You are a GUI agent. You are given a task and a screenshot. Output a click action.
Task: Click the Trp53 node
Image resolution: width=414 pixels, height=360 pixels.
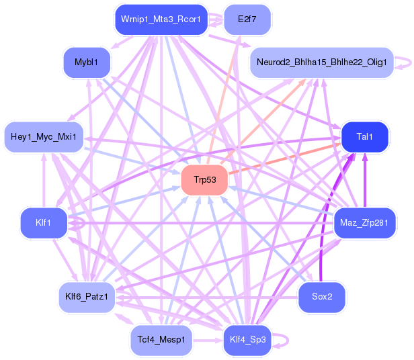[204, 180]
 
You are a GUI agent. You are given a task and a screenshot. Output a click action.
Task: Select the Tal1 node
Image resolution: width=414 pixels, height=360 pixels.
[365, 137]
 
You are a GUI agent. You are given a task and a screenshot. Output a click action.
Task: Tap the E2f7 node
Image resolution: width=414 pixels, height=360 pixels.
[247, 19]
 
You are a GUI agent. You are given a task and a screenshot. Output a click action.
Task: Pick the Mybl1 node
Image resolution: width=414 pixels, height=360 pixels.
[87, 62]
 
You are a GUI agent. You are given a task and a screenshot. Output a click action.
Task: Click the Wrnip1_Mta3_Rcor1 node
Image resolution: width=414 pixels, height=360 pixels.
[159, 19]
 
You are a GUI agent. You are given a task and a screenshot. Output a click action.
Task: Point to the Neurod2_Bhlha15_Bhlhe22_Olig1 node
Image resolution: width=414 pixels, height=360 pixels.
[321, 62]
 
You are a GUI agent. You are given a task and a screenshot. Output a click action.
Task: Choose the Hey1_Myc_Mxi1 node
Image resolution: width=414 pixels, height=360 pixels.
[44, 137]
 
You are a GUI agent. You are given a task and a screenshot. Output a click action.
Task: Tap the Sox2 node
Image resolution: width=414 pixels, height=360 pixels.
[322, 296]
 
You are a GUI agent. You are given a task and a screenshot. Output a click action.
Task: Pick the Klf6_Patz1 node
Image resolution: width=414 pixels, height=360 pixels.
[87, 296]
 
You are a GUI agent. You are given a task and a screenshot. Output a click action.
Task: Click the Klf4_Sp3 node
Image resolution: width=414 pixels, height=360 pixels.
[248, 340]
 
